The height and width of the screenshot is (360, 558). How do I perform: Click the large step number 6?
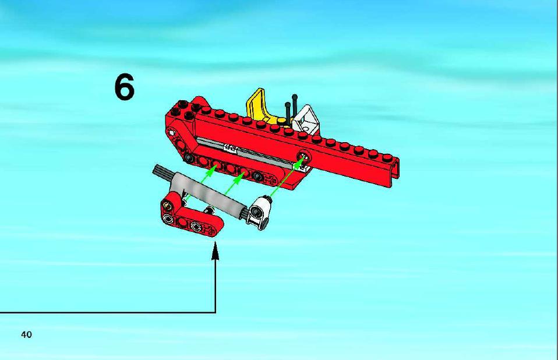tap(125, 87)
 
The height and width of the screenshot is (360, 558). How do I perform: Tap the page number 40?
tap(27, 335)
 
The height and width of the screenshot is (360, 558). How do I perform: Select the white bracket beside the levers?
tap(306, 119)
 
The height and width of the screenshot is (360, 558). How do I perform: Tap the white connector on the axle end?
tap(259, 213)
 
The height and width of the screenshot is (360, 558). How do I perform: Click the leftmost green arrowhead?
tap(211, 170)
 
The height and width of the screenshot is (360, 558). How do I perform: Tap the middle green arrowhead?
tap(239, 177)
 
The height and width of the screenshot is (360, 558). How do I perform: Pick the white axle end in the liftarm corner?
tap(172, 133)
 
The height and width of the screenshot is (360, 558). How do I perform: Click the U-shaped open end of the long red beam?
tap(395, 173)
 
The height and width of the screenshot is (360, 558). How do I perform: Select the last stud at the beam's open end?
tap(387, 157)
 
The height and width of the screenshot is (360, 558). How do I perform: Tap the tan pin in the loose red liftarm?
tap(166, 204)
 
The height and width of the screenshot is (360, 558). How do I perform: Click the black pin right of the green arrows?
tap(257, 175)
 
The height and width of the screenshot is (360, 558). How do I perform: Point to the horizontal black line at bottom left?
tap(108, 313)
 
